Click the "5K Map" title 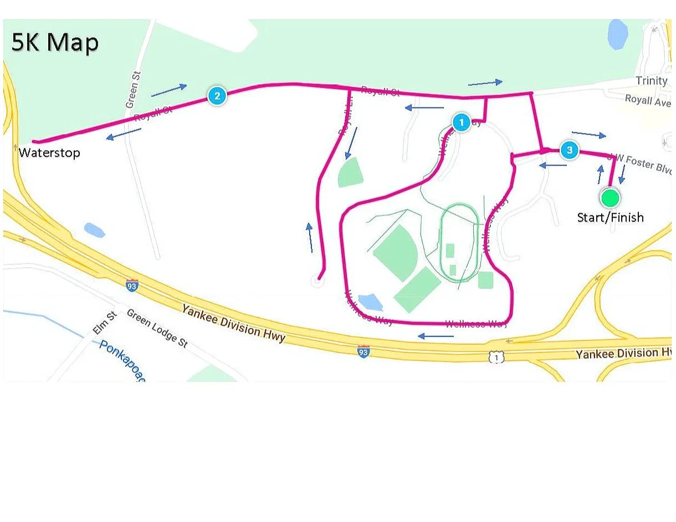click(55, 43)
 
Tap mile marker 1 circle click(461, 122)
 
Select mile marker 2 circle click(217, 96)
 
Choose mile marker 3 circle click(569, 150)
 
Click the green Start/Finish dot click(610, 197)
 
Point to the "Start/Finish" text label click(610, 218)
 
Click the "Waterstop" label click(49, 153)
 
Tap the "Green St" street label click(132, 90)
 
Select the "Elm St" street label click(104, 323)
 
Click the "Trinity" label click(652, 81)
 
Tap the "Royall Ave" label click(648, 100)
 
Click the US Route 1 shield click(496, 358)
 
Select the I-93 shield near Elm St click(132, 286)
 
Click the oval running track click(459, 242)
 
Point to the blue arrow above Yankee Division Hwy click(436, 335)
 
